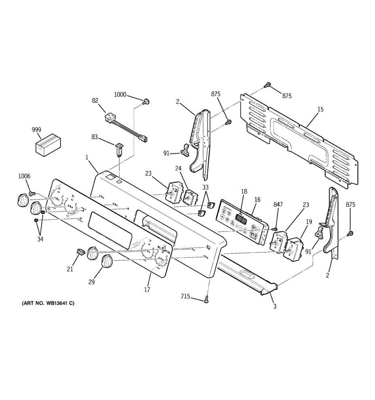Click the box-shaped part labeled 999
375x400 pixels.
pos(48,145)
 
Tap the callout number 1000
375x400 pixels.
pos(120,95)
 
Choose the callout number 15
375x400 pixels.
pos(320,109)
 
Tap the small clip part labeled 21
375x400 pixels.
pos(80,251)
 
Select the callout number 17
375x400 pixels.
pos(147,290)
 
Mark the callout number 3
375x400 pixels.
pos(275,306)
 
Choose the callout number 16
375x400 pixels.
pos(257,200)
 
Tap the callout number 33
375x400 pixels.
pos(205,187)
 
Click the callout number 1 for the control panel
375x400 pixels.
pos(87,157)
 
